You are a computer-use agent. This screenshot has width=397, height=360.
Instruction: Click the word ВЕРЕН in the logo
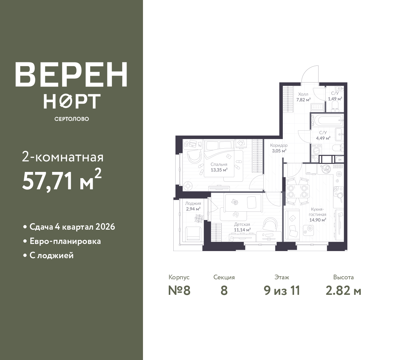[71, 74]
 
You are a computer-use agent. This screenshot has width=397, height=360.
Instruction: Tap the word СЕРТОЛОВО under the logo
[71, 119]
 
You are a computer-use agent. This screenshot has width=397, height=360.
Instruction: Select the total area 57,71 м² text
[62, 180]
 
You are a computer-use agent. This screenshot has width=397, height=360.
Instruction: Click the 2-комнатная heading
[63, 157]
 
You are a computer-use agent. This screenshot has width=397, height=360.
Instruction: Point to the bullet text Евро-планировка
[65, 241]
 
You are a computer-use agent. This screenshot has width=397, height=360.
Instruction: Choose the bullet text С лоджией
[51, 255]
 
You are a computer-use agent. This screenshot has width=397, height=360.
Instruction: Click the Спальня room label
[219, 164]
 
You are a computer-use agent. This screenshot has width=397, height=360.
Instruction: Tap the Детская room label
[242, 224]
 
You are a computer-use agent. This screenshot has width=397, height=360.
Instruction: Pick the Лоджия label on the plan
[193, 203]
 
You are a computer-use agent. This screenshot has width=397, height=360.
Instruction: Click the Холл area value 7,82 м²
[303, 100]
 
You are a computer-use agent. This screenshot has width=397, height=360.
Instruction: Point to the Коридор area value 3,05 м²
[279, 151]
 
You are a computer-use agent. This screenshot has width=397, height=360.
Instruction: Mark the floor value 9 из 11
[282, 291]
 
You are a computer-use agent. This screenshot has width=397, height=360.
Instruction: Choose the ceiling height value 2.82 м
[343, 291]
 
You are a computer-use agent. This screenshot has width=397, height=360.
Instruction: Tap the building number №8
[179, 291]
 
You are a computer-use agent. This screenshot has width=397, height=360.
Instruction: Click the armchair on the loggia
[193, 234]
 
